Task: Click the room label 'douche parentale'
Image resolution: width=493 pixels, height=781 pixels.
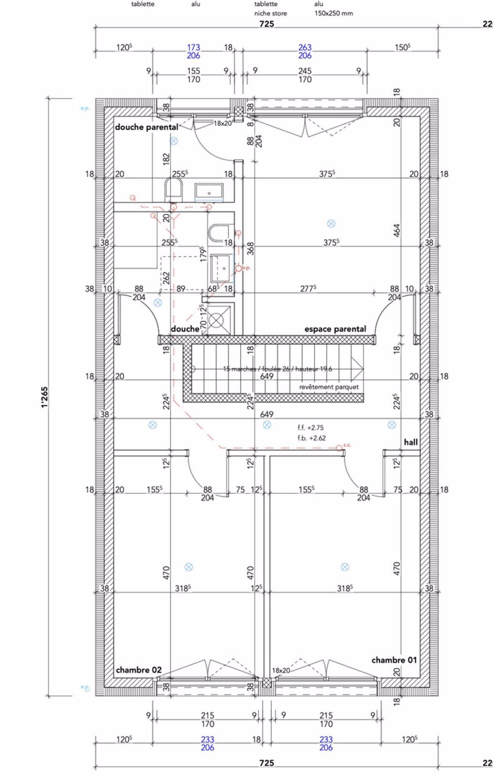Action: click(x=146, y=127)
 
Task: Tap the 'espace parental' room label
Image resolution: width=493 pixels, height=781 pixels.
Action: click(x=335, y=329)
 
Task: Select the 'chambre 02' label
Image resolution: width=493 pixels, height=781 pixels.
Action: click(x=139, y=670)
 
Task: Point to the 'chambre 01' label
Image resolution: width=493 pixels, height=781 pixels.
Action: click(x=394, y=660)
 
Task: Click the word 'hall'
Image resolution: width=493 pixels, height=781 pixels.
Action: click(x=411, y=442)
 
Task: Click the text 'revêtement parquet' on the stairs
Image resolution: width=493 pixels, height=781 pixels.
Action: click(x=329, y=387)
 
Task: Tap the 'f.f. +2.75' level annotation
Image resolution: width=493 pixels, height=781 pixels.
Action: click(x=311, y=427)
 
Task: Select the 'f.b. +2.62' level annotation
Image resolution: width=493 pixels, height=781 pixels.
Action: click(x=311, y=438)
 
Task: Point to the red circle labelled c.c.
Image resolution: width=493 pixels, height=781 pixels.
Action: click(x=339, y=448)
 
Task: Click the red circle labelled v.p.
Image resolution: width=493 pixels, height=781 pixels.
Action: click(x=239, y=269)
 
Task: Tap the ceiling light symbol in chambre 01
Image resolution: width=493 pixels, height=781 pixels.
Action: click(x=345, y=567)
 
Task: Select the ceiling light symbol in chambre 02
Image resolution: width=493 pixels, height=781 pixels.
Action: click(x=188, y=568)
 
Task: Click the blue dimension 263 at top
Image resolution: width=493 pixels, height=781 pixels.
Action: click(x=305, y=47)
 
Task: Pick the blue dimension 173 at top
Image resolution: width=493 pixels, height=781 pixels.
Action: click(x=193, y=47)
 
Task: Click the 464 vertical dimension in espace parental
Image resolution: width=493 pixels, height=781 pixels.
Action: click(x=397, y=230)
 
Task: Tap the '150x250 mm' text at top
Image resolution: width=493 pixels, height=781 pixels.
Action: click(x=334, y=13)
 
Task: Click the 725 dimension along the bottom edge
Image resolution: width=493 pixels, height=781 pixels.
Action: click(x=267, y=763)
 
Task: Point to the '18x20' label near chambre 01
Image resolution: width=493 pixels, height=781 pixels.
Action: click(x=281, y=671)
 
